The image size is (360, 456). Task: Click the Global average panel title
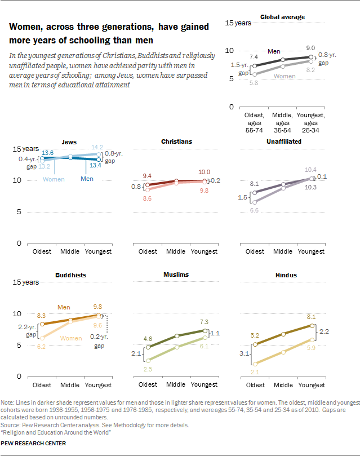click(x=282, y=17)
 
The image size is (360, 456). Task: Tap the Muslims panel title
click(x=176, y=275)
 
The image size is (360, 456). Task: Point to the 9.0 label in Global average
click(x=310, y=48)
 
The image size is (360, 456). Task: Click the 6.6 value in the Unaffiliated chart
click(x=254, y=210)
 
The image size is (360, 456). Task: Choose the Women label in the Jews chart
click(x=54, y=179)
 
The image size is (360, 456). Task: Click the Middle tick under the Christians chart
click(x=176, y=251)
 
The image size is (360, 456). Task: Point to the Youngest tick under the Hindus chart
click(x=311, y=385)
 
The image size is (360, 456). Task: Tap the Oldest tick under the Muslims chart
click(x=148, y=385)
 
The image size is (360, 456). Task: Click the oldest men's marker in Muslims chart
click(x=148, y=347)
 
